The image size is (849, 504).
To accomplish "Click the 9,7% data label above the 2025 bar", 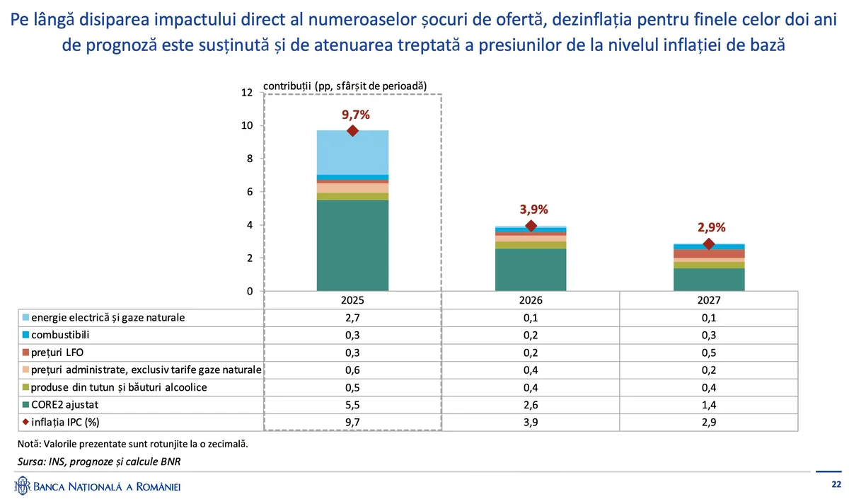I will tap(352, 114).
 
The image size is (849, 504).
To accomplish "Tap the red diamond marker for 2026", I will tap(531, 226).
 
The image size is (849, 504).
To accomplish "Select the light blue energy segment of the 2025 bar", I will tap(352, 152).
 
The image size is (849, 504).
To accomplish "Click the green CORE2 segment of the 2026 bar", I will tap(531, 270).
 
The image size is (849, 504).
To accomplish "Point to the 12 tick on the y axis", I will tap(246, 93).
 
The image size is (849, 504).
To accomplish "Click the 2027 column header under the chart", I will tap(708, 299).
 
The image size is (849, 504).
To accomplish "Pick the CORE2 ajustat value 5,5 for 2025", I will tap(352, 405).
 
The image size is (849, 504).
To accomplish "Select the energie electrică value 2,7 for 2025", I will tap(352, 317).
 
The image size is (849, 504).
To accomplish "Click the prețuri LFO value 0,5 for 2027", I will tap(708, 352).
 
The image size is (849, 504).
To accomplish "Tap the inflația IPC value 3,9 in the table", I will tap(531, 423).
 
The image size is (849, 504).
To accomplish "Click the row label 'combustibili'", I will tap(60, 335).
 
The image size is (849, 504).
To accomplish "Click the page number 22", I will tap(836, 485).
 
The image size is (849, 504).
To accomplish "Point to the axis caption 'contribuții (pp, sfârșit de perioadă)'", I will tap(345, 85).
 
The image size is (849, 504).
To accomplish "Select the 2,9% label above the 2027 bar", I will tap(708, 227).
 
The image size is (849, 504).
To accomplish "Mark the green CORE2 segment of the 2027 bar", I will tap(708, 280).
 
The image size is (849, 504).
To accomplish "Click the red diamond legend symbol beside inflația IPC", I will tap(26, 423).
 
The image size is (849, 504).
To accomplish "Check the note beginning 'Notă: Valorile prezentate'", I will tap(132, 444).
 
